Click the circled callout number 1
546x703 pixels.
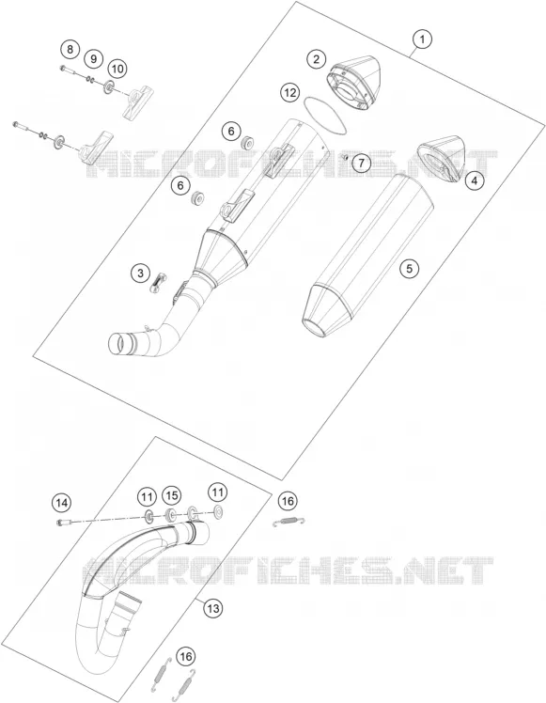click(422, 39)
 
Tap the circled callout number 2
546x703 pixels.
click(317, 58)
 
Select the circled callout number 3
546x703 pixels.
click(140, 273)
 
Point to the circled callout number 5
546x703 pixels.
click(409, 268)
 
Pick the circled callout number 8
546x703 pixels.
click(70, 49)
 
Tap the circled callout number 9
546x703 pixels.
click(93, 58)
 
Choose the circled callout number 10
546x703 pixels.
click(117, 69)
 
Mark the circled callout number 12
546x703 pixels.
click(289, 93)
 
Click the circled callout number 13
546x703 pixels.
click(213, 608)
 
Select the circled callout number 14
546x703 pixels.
click(61, 503)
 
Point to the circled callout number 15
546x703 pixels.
click(171, 495)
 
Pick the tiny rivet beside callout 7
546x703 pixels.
click(345, 157)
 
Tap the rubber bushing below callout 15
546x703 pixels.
click(170, 515)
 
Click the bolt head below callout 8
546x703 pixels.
click(61, 68)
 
